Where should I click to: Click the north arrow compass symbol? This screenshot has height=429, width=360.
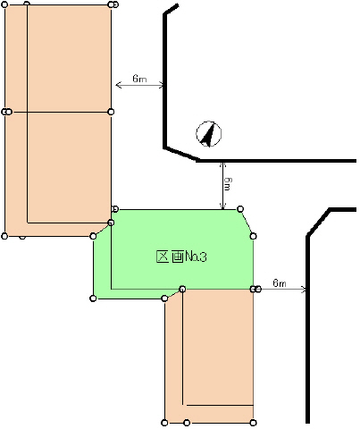click(x=208, y=134)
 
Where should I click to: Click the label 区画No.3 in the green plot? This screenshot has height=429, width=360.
click(x=181, y=257)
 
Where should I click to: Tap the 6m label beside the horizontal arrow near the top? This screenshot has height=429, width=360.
click(x=139, y=79)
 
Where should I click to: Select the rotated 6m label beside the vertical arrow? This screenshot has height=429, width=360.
click(x=228, y=184)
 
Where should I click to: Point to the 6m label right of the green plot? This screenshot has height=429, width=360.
click(x=280, y=282)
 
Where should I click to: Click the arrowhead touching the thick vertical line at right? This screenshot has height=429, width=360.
click(x=304, y=290)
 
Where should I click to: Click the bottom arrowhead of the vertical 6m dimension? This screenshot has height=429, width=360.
click(x=222, y=206)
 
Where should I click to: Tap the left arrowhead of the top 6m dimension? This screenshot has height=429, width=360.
click(x=119, y=85)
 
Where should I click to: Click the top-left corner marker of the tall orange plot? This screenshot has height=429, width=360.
click(x=4, y=4)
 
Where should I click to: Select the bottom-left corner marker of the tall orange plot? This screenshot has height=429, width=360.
click(x=4, y=236)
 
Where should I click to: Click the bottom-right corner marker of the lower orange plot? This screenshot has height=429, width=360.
click(x=253, y=423)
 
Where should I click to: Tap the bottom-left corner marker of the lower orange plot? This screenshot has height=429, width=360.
click(x=164, y=423)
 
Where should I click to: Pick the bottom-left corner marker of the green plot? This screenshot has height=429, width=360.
click(x=93, y=299)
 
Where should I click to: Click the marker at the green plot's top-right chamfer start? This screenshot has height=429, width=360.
click(x=240, y=209)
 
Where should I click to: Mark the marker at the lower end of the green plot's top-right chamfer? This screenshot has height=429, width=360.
click(x=253, y=236)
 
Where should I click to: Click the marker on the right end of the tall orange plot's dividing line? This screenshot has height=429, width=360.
click(x=111, y=112)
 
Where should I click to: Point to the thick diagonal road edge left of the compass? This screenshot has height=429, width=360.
click(x=181, y=154)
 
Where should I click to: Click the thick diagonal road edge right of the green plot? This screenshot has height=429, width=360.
click(x=319, y=223)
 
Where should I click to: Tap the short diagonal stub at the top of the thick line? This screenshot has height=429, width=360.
click(x=172, y=9)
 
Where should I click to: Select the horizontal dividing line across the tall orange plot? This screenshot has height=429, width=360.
click(x=58, y=112)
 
